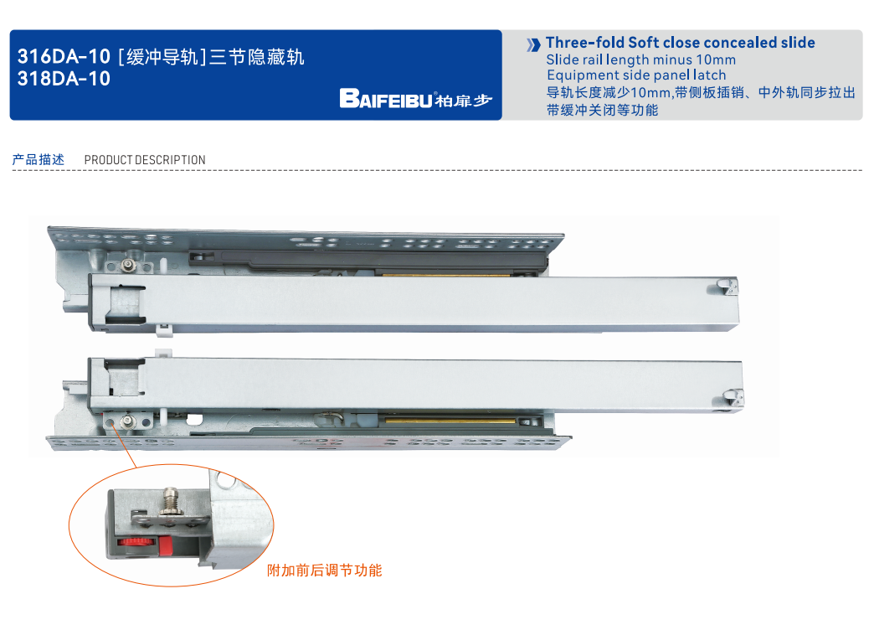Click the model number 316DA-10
64,56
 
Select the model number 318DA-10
64,79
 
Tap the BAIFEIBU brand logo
416,99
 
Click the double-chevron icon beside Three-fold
533,44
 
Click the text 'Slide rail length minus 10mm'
641,59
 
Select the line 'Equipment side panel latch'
636,75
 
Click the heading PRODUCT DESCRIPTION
145,160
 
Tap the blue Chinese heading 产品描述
38,159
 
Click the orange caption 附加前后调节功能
325,571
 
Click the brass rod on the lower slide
449,419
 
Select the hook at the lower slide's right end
733,397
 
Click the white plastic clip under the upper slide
164,330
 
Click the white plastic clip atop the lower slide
164,354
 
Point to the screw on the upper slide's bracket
129,266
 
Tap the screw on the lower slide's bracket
129,421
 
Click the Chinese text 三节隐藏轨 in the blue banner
257,56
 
